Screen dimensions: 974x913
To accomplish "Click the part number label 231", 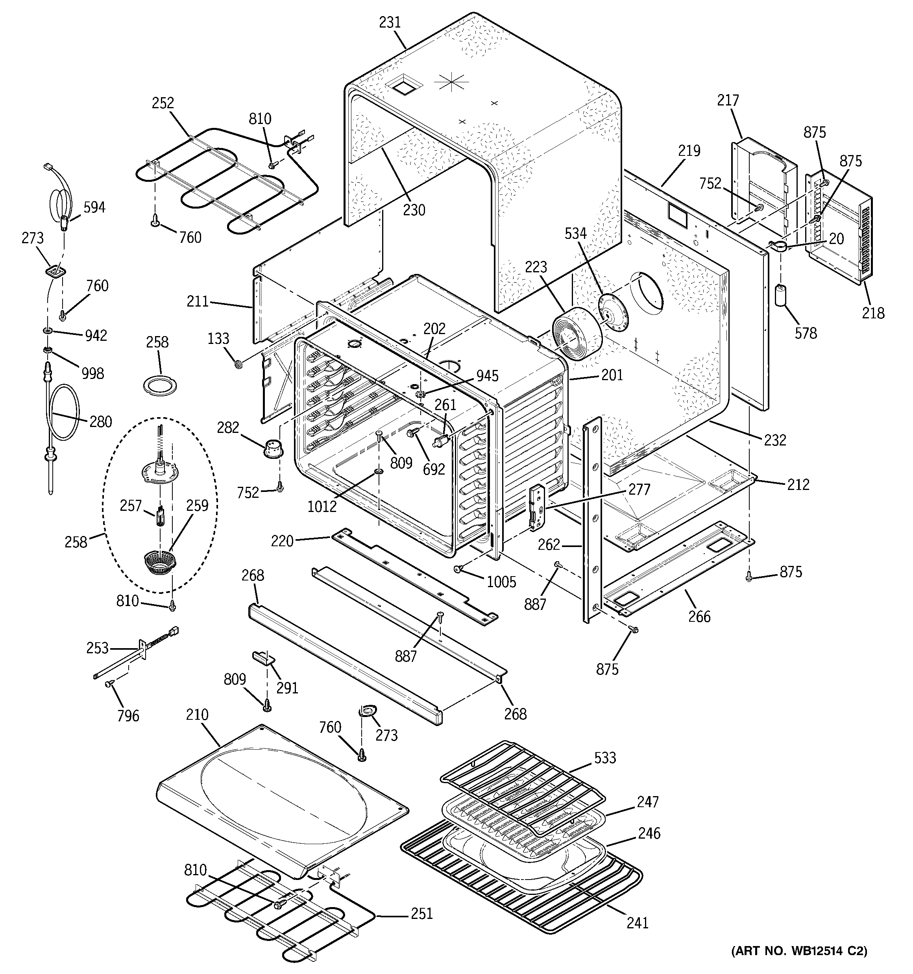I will [390, 22].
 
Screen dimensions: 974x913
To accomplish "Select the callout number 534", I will [575, 233].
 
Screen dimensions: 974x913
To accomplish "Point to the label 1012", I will [322, 506].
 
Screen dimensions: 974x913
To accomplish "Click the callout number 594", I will [94, 207].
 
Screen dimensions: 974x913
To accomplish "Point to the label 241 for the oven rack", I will [637, 922].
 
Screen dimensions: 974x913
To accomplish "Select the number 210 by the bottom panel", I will [197, 715].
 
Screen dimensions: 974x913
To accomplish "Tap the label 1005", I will [501, 582].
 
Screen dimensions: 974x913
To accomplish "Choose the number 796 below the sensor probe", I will [128, 716].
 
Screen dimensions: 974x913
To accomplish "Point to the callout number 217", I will [728, 100].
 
